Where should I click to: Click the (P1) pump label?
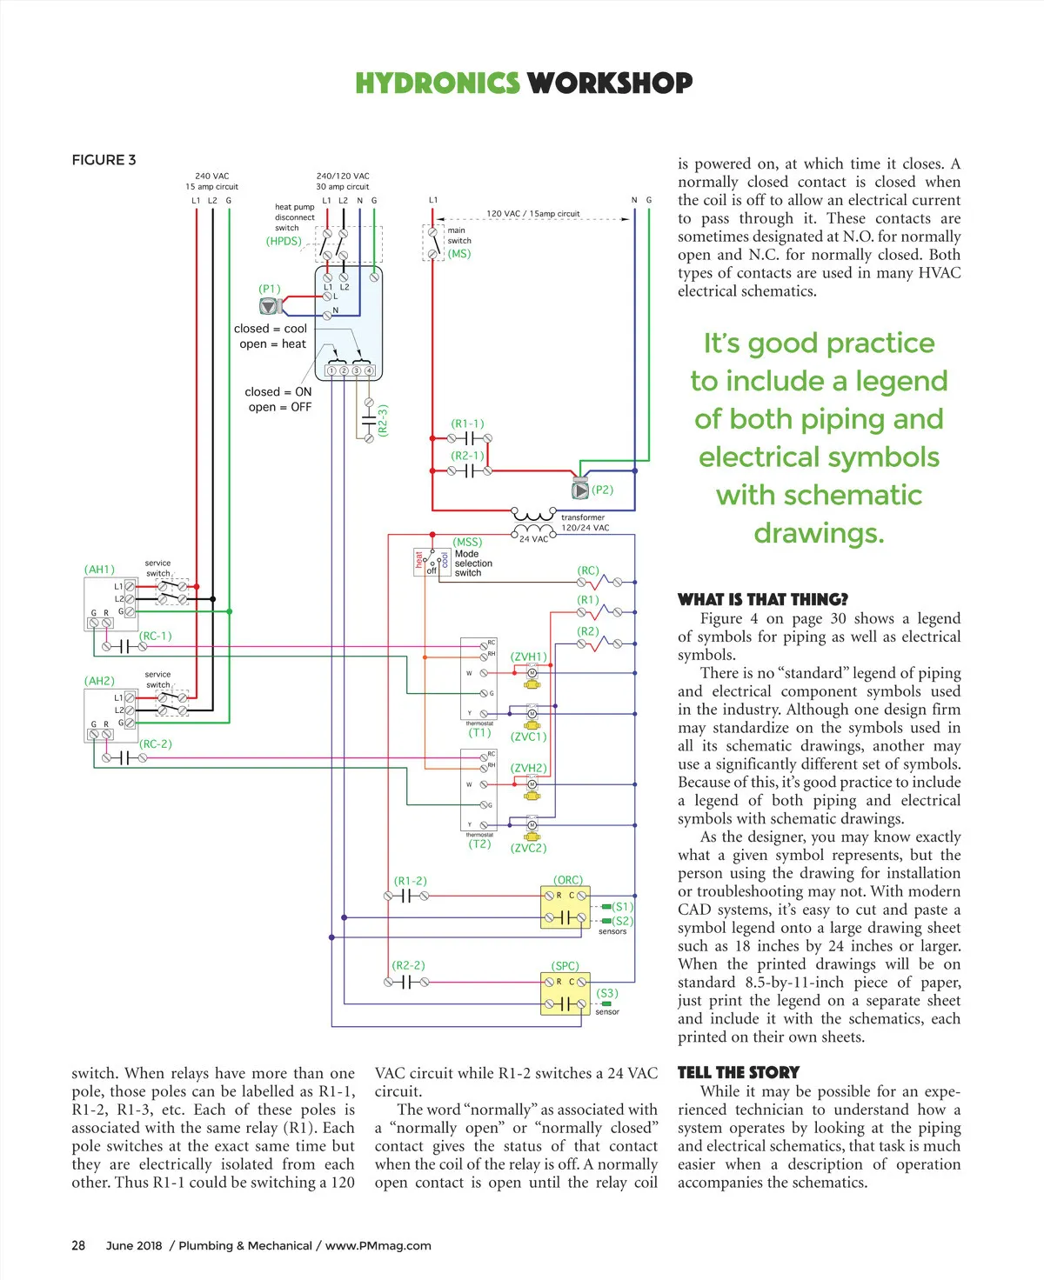270,289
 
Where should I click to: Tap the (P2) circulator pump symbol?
580,490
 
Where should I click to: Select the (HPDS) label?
284,241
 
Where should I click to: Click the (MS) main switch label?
459,254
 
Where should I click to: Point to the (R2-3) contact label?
383,420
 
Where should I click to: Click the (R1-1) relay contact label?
467,423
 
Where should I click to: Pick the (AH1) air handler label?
99,570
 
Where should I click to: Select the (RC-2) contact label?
156,744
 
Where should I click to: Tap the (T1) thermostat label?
479,732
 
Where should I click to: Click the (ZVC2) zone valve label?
528,848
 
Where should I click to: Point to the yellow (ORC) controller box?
565,907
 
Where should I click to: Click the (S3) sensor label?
607,993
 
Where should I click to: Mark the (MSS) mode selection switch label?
467,542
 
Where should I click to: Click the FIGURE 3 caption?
104,160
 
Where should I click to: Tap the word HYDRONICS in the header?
438,83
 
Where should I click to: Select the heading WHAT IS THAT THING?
762,599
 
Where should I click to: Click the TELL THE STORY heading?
738,1072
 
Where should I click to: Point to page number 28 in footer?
78,1245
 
